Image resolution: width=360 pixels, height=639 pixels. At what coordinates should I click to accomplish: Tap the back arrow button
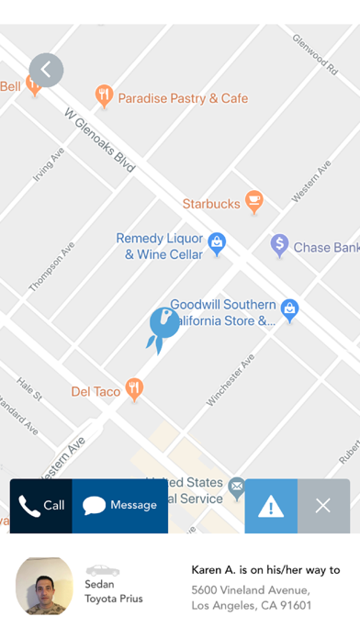[46, 70]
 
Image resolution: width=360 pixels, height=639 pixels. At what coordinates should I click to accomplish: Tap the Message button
[120, 506]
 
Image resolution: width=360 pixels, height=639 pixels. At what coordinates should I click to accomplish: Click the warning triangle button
[271, 506]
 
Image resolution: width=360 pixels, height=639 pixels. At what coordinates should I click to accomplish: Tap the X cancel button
[323, 506]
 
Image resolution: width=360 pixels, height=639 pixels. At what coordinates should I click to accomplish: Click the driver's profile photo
[44, 586]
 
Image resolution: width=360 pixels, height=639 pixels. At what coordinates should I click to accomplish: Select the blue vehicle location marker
[163, 327]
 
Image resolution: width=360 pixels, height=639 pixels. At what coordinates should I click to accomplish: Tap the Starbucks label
[211, 203]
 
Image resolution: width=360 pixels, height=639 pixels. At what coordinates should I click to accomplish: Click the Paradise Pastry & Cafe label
[183, 97]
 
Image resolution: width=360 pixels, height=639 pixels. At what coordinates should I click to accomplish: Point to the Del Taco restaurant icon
[136, 390]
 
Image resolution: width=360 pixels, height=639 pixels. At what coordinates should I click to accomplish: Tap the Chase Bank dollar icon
[279, 245]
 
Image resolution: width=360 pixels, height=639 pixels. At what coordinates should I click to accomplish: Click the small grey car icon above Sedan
[103, 570]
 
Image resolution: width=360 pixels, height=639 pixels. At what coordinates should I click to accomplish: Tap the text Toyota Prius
[114, 599]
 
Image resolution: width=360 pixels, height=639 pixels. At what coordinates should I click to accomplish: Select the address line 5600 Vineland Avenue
[250, 589]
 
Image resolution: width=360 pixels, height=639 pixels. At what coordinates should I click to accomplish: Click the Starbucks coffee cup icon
[254, 201]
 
